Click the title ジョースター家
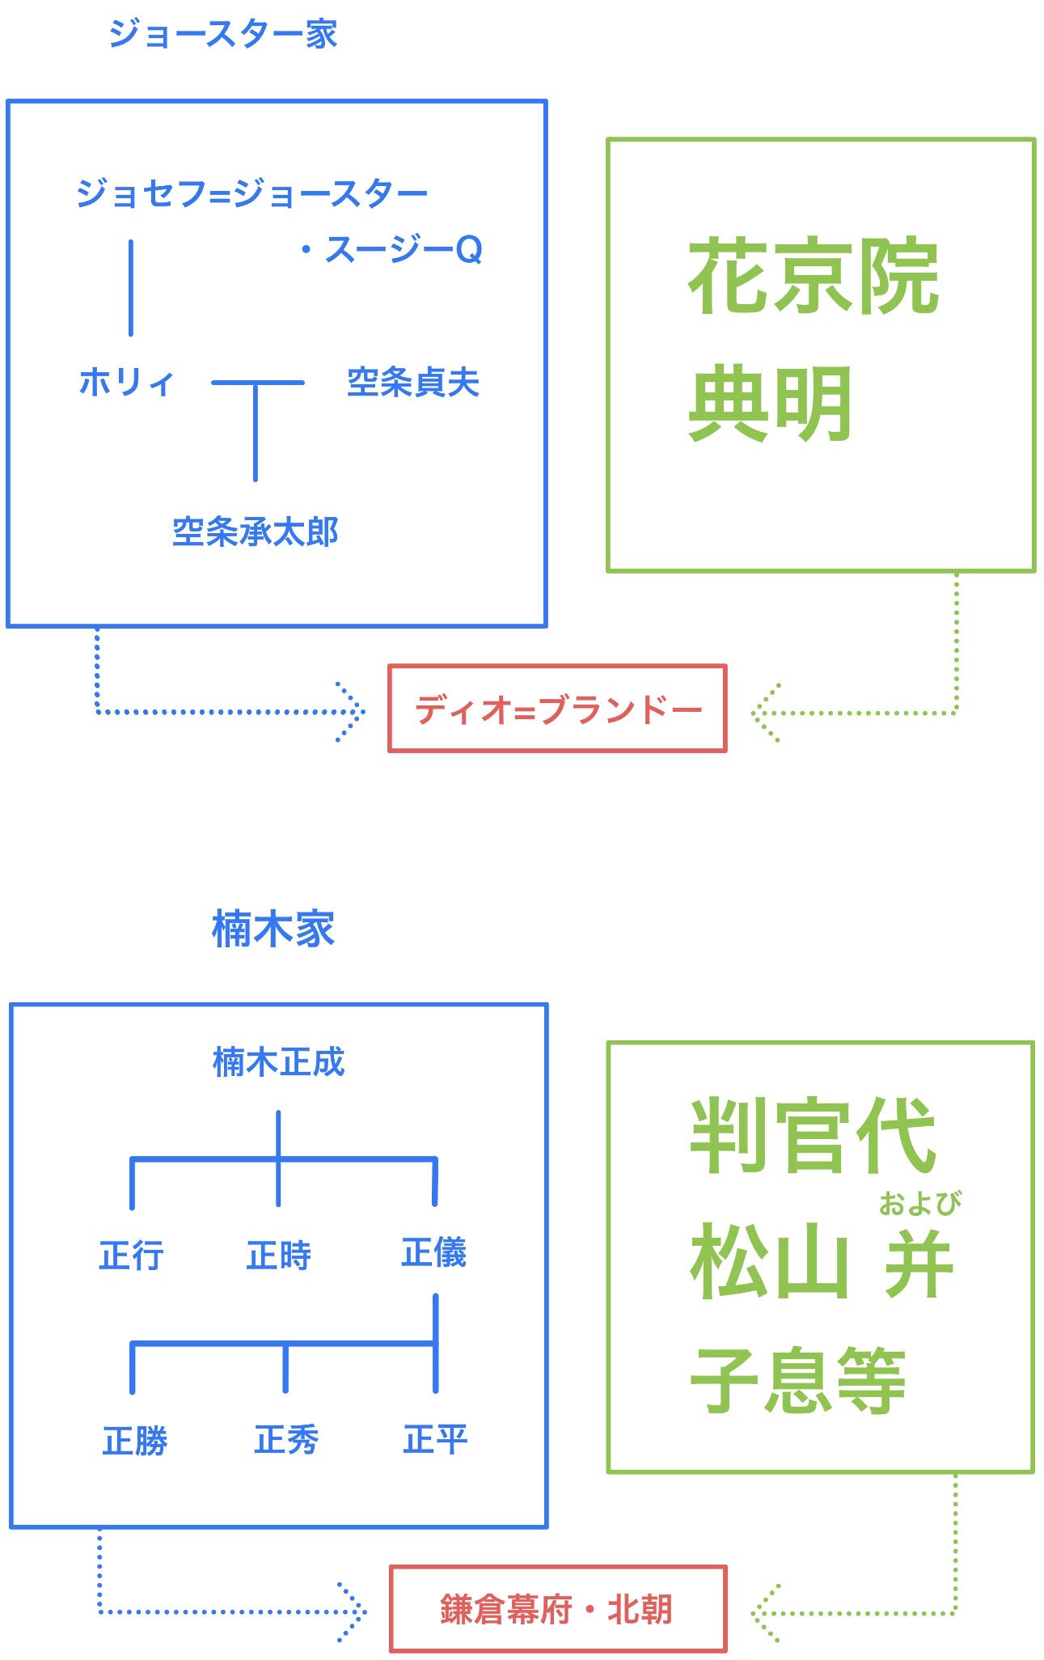[222, 34]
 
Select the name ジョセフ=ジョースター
[251, 194]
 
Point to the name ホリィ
[127, 382]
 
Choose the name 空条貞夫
[413, 383]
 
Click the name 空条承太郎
[256, 532]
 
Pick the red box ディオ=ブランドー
[557, 709]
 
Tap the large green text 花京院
[813, 277]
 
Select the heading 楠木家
[273, 928]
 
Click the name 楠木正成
[278, 1062]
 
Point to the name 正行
[132, 1256]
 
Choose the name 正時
[279, 1256]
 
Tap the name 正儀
[434, 1252]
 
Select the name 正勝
[135, 1441]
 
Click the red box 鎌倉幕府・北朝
[557, 1609]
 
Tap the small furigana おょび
[920, 1204]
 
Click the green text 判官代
[813, 1137]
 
